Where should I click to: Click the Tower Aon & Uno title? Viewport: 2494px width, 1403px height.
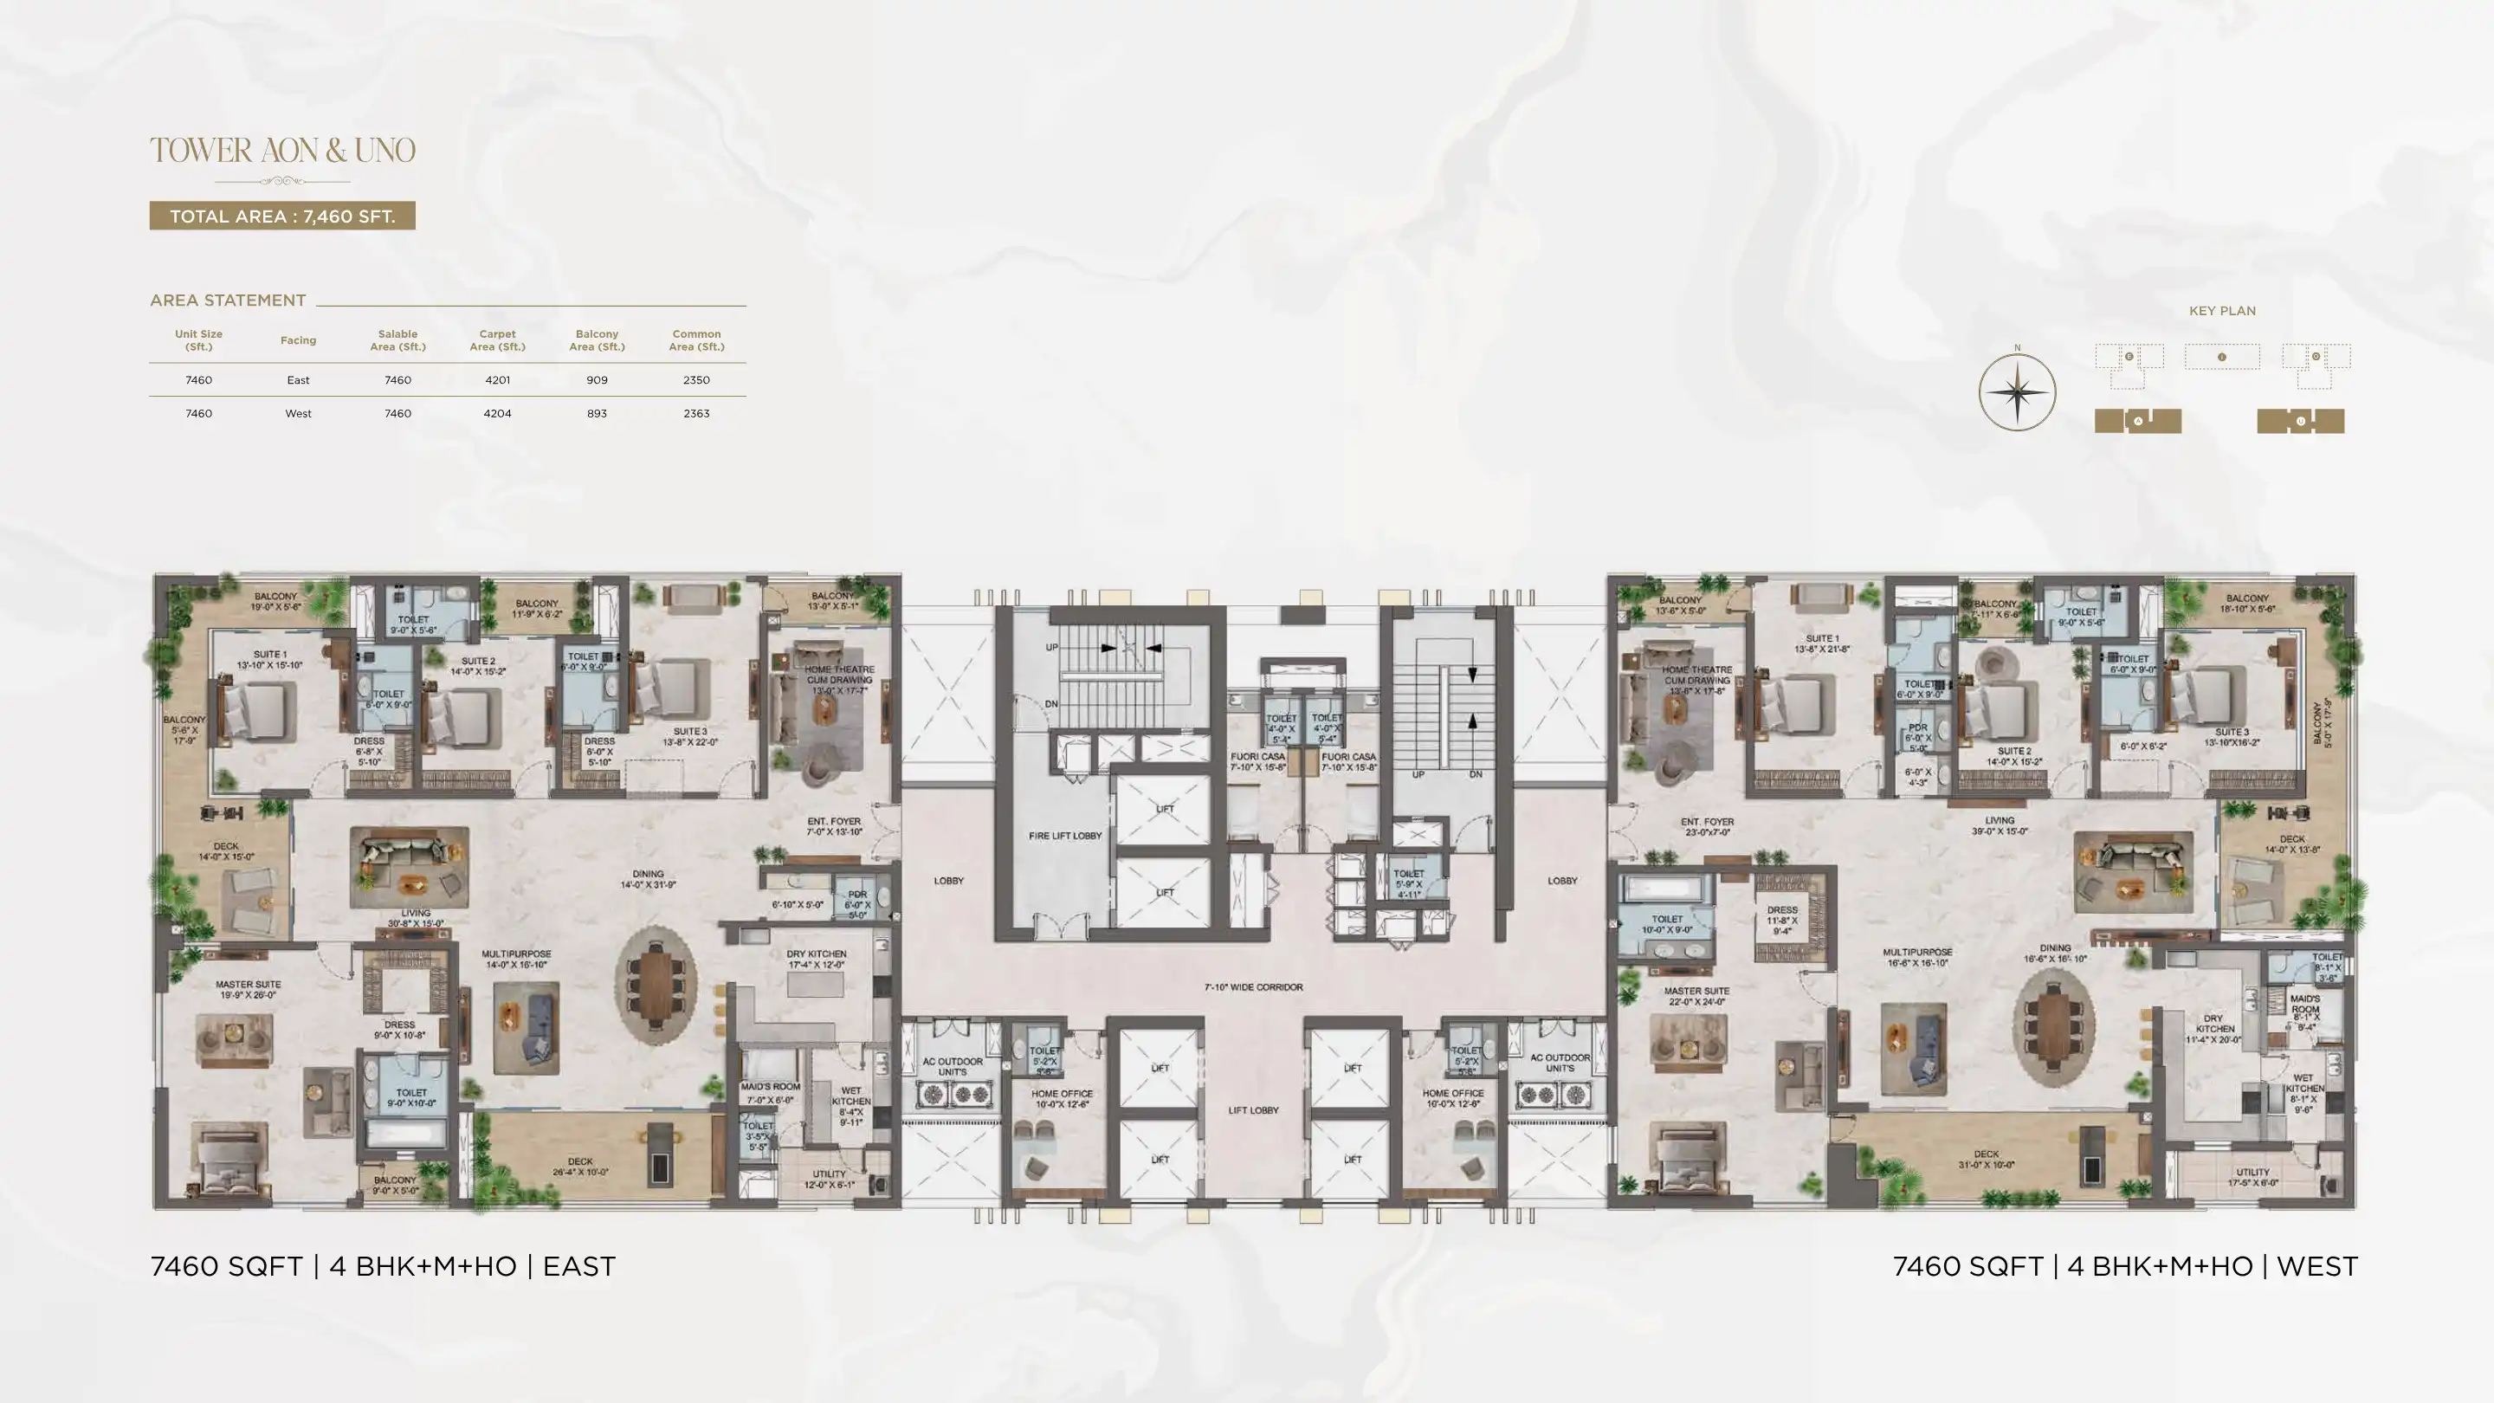point(282,150)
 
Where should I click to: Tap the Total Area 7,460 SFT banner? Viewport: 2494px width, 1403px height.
point(282,216)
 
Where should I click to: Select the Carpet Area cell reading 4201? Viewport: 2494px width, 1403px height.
point(498,379)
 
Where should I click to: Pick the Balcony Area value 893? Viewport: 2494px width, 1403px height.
point(597,413)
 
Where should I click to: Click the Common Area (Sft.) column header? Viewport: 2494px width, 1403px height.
point(696,339)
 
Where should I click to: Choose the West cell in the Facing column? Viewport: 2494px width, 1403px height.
point(298,413)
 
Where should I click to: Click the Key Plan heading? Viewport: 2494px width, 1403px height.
point(2222,311)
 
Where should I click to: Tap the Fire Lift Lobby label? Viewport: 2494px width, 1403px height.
point(1065,836)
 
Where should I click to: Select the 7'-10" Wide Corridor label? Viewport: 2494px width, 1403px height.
point(1254,987)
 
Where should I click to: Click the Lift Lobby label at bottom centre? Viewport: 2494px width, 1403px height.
point(1254,1110)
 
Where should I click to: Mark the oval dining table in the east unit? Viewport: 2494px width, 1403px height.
point(656,985)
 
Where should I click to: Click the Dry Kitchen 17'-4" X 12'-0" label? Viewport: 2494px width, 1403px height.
point(816,960)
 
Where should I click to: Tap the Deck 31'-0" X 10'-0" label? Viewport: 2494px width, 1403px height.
point(1986,1159)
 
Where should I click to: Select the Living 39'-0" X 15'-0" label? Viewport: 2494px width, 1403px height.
point(2000,826)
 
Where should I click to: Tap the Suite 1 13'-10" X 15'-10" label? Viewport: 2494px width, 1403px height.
point(269,660)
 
